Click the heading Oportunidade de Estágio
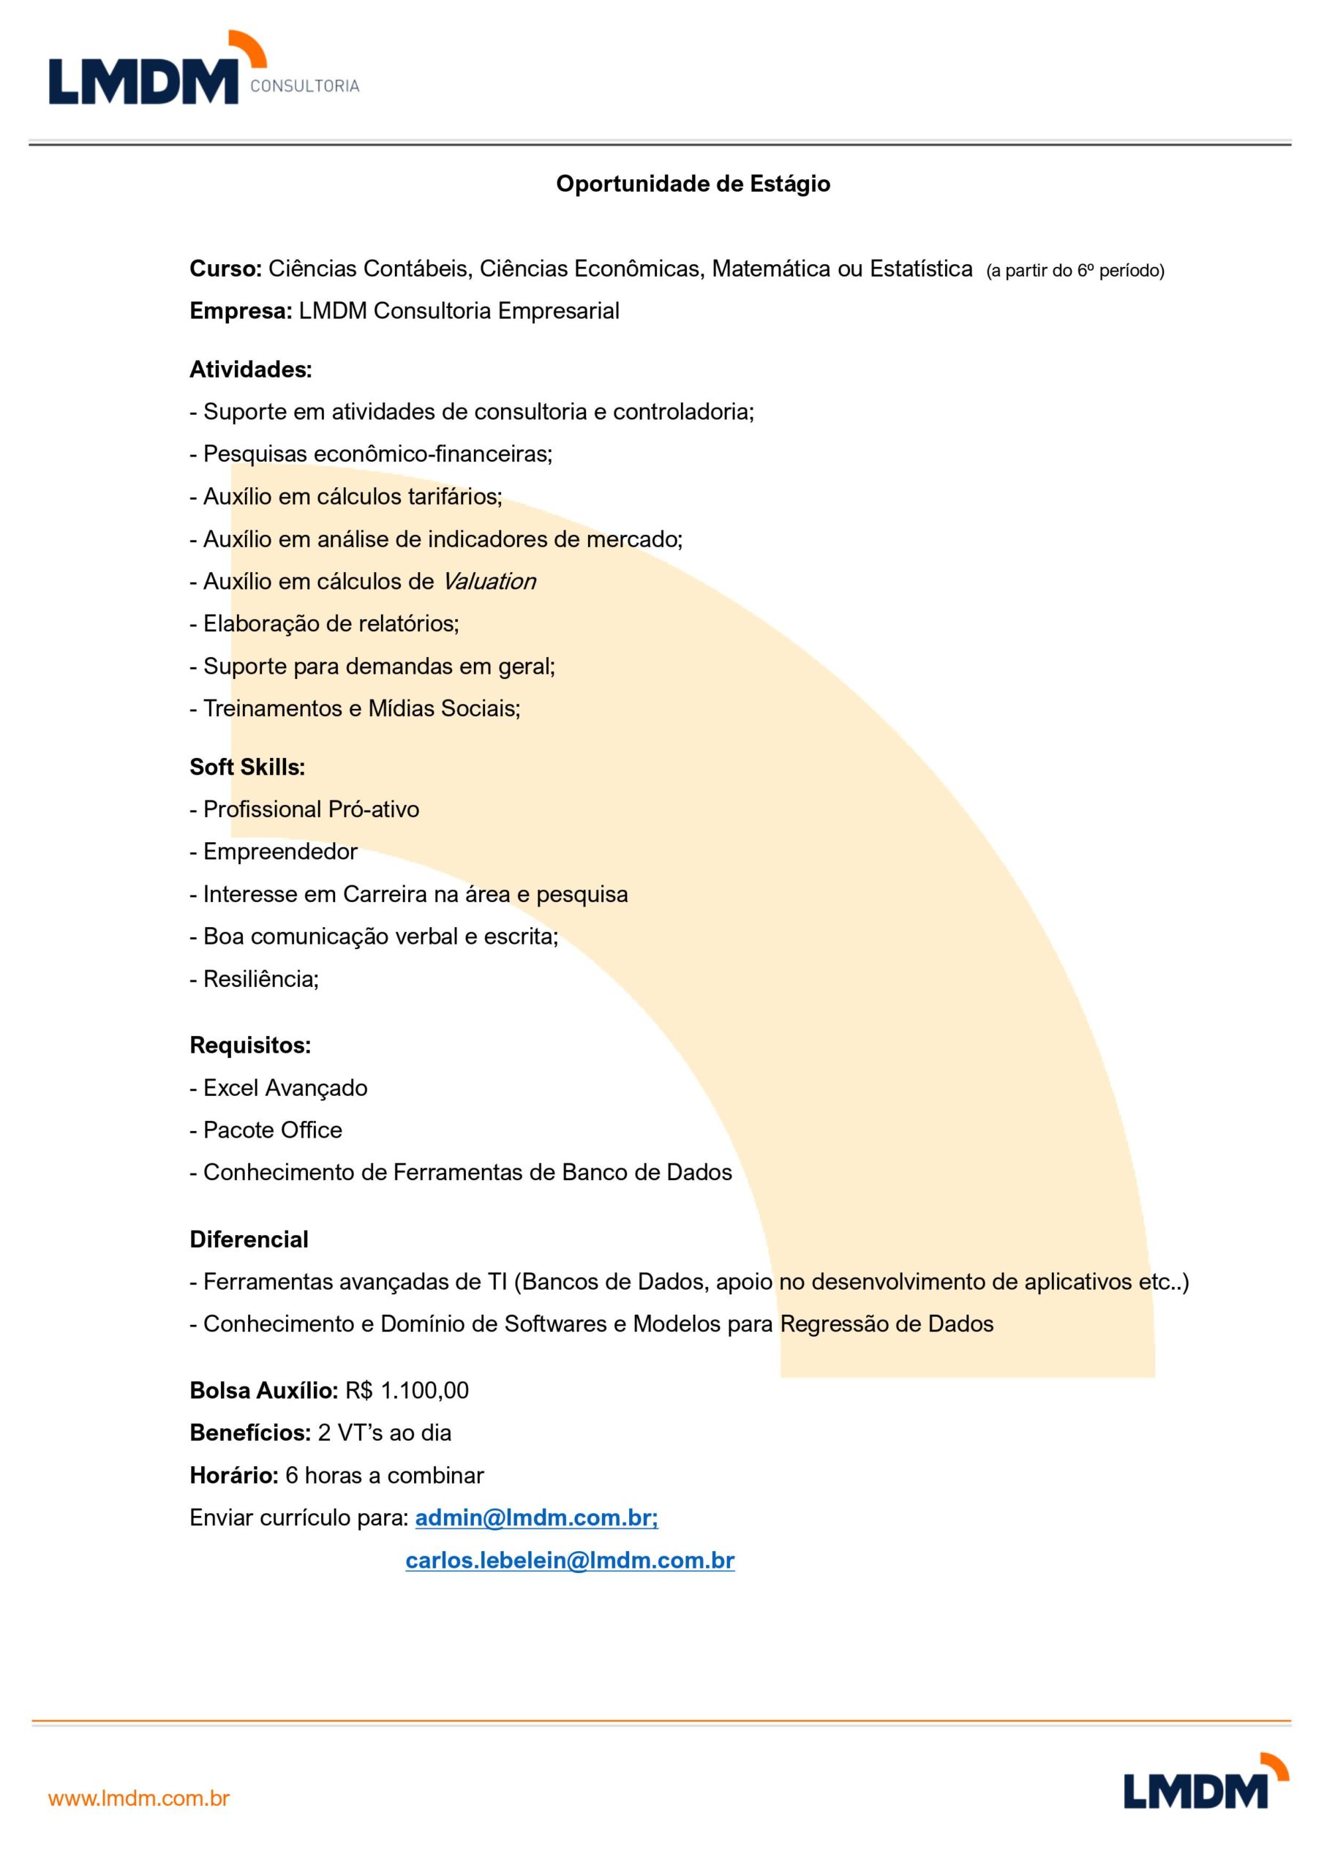(693, 184)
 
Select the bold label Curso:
(225, 269)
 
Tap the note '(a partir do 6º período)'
(1075, 271)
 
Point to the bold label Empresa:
(241, 312)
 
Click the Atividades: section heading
(250, 370)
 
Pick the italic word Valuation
(489, 582)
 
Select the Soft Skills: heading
(247, 767)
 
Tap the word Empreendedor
(280, 852)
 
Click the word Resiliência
(260, 979)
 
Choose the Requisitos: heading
(249, 1046)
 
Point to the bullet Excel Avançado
(285, 1088)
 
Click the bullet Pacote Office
(272, 1130)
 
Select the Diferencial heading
(249, 1240)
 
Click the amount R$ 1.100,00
(407, 1391)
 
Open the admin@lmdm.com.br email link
(536, 1518)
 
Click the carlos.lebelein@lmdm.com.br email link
(569, 1561)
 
